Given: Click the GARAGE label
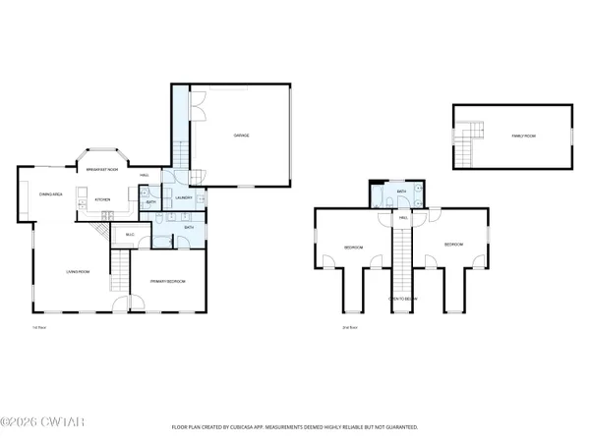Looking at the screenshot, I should coord(239,135).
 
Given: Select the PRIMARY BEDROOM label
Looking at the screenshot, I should coord(168,281).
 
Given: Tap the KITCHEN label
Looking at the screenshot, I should coord(102,200).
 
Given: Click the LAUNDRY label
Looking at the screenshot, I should coord(183,198).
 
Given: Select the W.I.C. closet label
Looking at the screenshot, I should coord(130,236).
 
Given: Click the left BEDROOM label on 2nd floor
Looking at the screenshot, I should coord(354,247).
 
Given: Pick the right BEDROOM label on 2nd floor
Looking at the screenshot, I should coord(453,244).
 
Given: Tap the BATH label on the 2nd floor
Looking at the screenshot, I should coord(401,192).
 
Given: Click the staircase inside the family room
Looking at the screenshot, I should coord(471,145).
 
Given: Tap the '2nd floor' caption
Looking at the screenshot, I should coord(348,327).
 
